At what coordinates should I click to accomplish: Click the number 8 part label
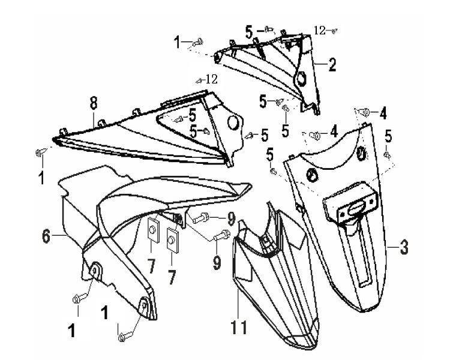click(x=94, y=104)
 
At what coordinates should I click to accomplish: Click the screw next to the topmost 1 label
click(x=199, y=41)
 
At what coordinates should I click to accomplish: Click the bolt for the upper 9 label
click(x=202, y=216)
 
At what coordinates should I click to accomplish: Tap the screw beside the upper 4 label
click(x=366, y=111)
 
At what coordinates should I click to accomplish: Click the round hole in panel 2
click(x=302, y=79)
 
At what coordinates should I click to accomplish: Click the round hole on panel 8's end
click(x=230, y=123)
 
